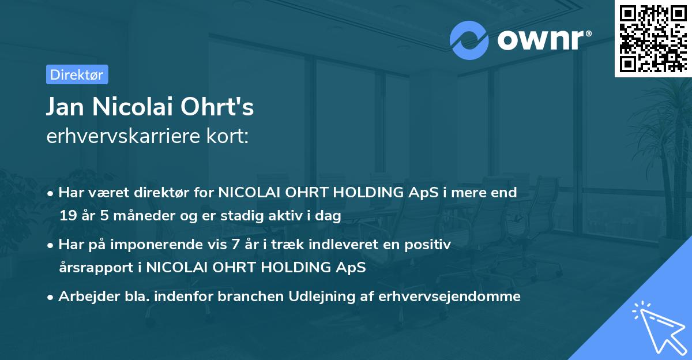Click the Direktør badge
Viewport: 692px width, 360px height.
77,74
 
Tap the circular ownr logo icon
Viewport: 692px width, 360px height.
469,40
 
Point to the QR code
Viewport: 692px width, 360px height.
653,38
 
